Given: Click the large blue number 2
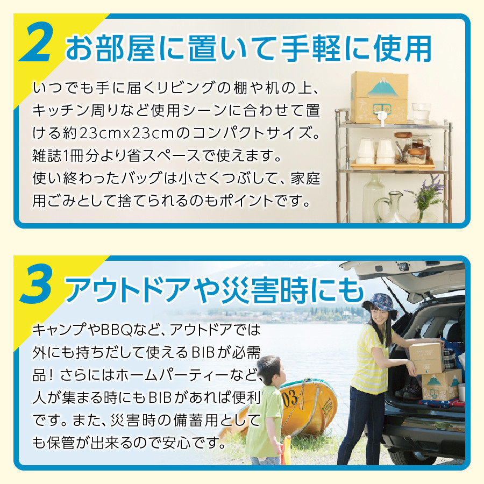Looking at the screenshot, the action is (x=37, y=42).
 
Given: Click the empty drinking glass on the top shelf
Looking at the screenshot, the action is (x=421, y=113).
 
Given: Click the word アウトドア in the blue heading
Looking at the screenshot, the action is (x=127, y=290).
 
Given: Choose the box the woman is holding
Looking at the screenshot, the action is (x=426, y=358).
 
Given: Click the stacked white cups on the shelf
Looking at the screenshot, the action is (x=376, y=151).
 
